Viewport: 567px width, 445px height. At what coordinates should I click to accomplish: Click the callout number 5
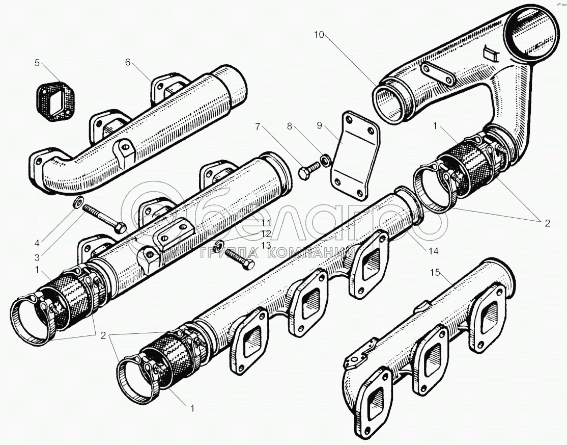(37, 63)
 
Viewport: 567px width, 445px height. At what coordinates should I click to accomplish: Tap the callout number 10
(319, 34)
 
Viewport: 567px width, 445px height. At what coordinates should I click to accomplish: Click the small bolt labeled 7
(306, 172)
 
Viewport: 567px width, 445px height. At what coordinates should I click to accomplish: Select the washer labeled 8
(324, 163)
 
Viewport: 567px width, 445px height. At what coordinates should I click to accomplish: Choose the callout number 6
(128, 62)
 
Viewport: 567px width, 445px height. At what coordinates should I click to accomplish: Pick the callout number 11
(266, 223)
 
